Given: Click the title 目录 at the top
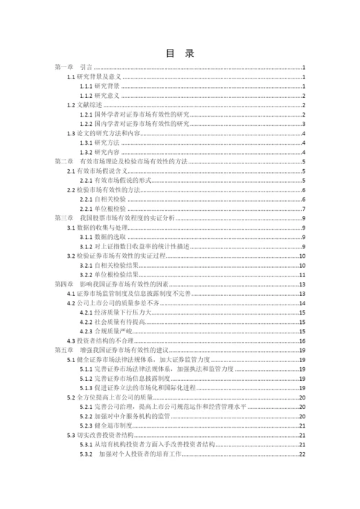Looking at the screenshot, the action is (179, 53).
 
